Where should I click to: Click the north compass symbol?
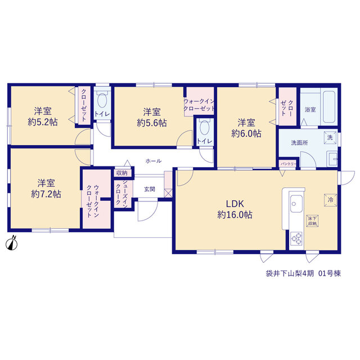tap(11, 244)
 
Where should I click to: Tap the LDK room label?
tap(235, 204)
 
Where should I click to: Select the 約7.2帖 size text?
tap(46, 194)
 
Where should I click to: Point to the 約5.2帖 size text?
tap(43, 122)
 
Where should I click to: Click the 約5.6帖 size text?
tap(152, 123)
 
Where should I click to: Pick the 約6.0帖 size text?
tap(246, 133)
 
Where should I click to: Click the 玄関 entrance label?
tap(150, 189)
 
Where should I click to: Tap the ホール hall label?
tap(154, 161)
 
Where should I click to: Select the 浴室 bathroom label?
tap(310, 110)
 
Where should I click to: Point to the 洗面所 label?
tap(299, 143)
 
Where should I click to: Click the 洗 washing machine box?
tap(330, 137)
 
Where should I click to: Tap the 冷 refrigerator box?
tap(330, 200)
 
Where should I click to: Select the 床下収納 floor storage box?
tap(312, 221)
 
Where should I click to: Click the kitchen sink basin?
tap(296, 204)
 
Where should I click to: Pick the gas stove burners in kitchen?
tap(296, 238)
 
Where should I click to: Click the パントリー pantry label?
tap(289, 164)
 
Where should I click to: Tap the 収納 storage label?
tap(121, 173)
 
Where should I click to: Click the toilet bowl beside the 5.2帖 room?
tap(102, 100)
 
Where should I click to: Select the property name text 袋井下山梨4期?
tap(290, 273)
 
